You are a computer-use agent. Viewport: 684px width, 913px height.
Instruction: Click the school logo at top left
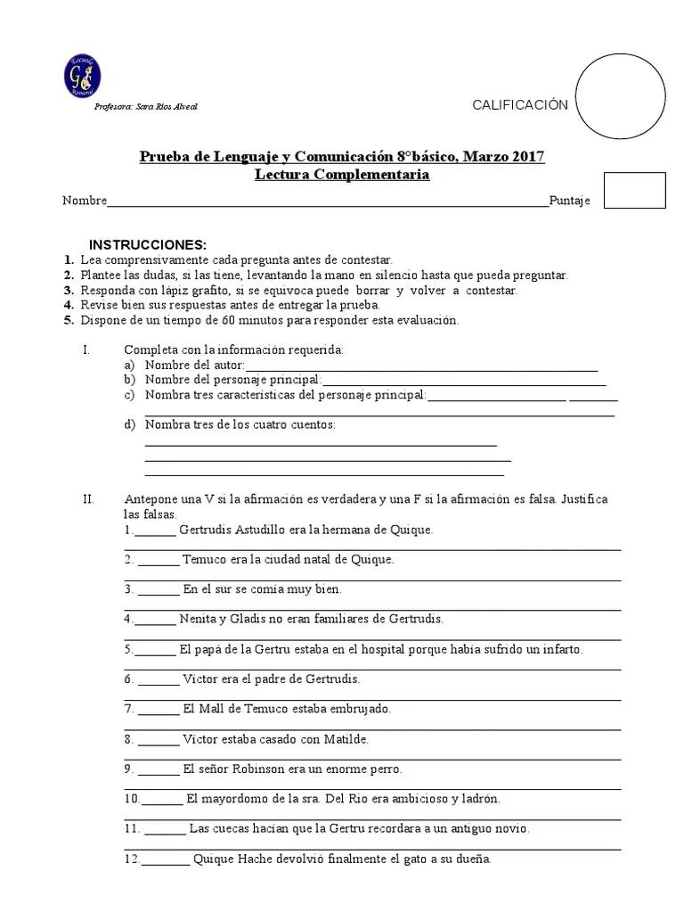(x=82, y=77)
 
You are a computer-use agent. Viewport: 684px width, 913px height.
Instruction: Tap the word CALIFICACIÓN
(x=519, y=105)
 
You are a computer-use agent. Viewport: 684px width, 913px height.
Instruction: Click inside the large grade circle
(x=621, y=97)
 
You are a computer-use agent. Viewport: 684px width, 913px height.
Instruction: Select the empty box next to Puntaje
(x=634, y=190)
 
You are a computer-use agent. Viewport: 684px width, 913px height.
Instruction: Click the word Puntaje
(x=569, y=201)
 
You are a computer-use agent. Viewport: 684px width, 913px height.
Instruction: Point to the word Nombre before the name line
(x=84, y=201)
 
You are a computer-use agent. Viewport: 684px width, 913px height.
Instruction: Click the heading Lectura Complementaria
(x=342, y=175)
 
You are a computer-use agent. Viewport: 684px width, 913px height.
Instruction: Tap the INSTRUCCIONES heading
(x=147, y=244)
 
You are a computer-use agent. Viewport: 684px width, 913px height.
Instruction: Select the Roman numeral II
(x=88, y=499)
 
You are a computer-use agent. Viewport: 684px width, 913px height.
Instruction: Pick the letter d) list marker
(x=130, y=424)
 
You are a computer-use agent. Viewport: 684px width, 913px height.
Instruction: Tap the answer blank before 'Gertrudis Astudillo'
(x=156, y=531)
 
